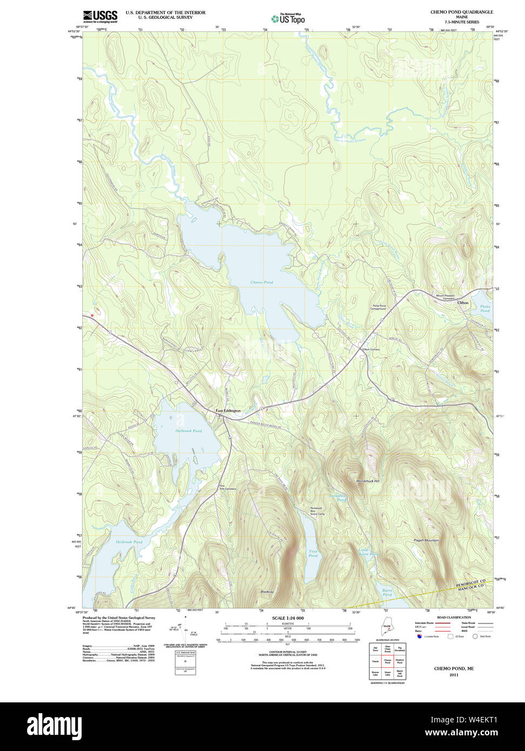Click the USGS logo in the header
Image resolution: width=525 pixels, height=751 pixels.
point(100,16)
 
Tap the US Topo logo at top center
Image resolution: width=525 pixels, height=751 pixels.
point(288,18)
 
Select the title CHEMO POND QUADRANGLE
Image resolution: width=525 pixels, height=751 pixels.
point(461,12)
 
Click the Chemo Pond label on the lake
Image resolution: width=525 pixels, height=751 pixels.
point(261,283)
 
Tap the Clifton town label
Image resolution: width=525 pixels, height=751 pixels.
point(463,303)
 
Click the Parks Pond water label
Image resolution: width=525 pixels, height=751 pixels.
point(484,309)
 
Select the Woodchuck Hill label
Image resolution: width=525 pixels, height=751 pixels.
point(368,481)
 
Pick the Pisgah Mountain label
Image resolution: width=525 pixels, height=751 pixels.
point(427,540)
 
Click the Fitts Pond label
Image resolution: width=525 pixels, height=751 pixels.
point(313,553)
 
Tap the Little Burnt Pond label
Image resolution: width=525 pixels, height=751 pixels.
point(368,552)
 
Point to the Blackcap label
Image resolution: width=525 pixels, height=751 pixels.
point(267,592)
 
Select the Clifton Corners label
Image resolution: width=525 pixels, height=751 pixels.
point(371,350)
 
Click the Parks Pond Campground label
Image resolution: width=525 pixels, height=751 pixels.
point(378,307)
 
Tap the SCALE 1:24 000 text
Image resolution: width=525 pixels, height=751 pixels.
point(288,618)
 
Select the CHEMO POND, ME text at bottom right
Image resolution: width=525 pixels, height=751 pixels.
point(454,668)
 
